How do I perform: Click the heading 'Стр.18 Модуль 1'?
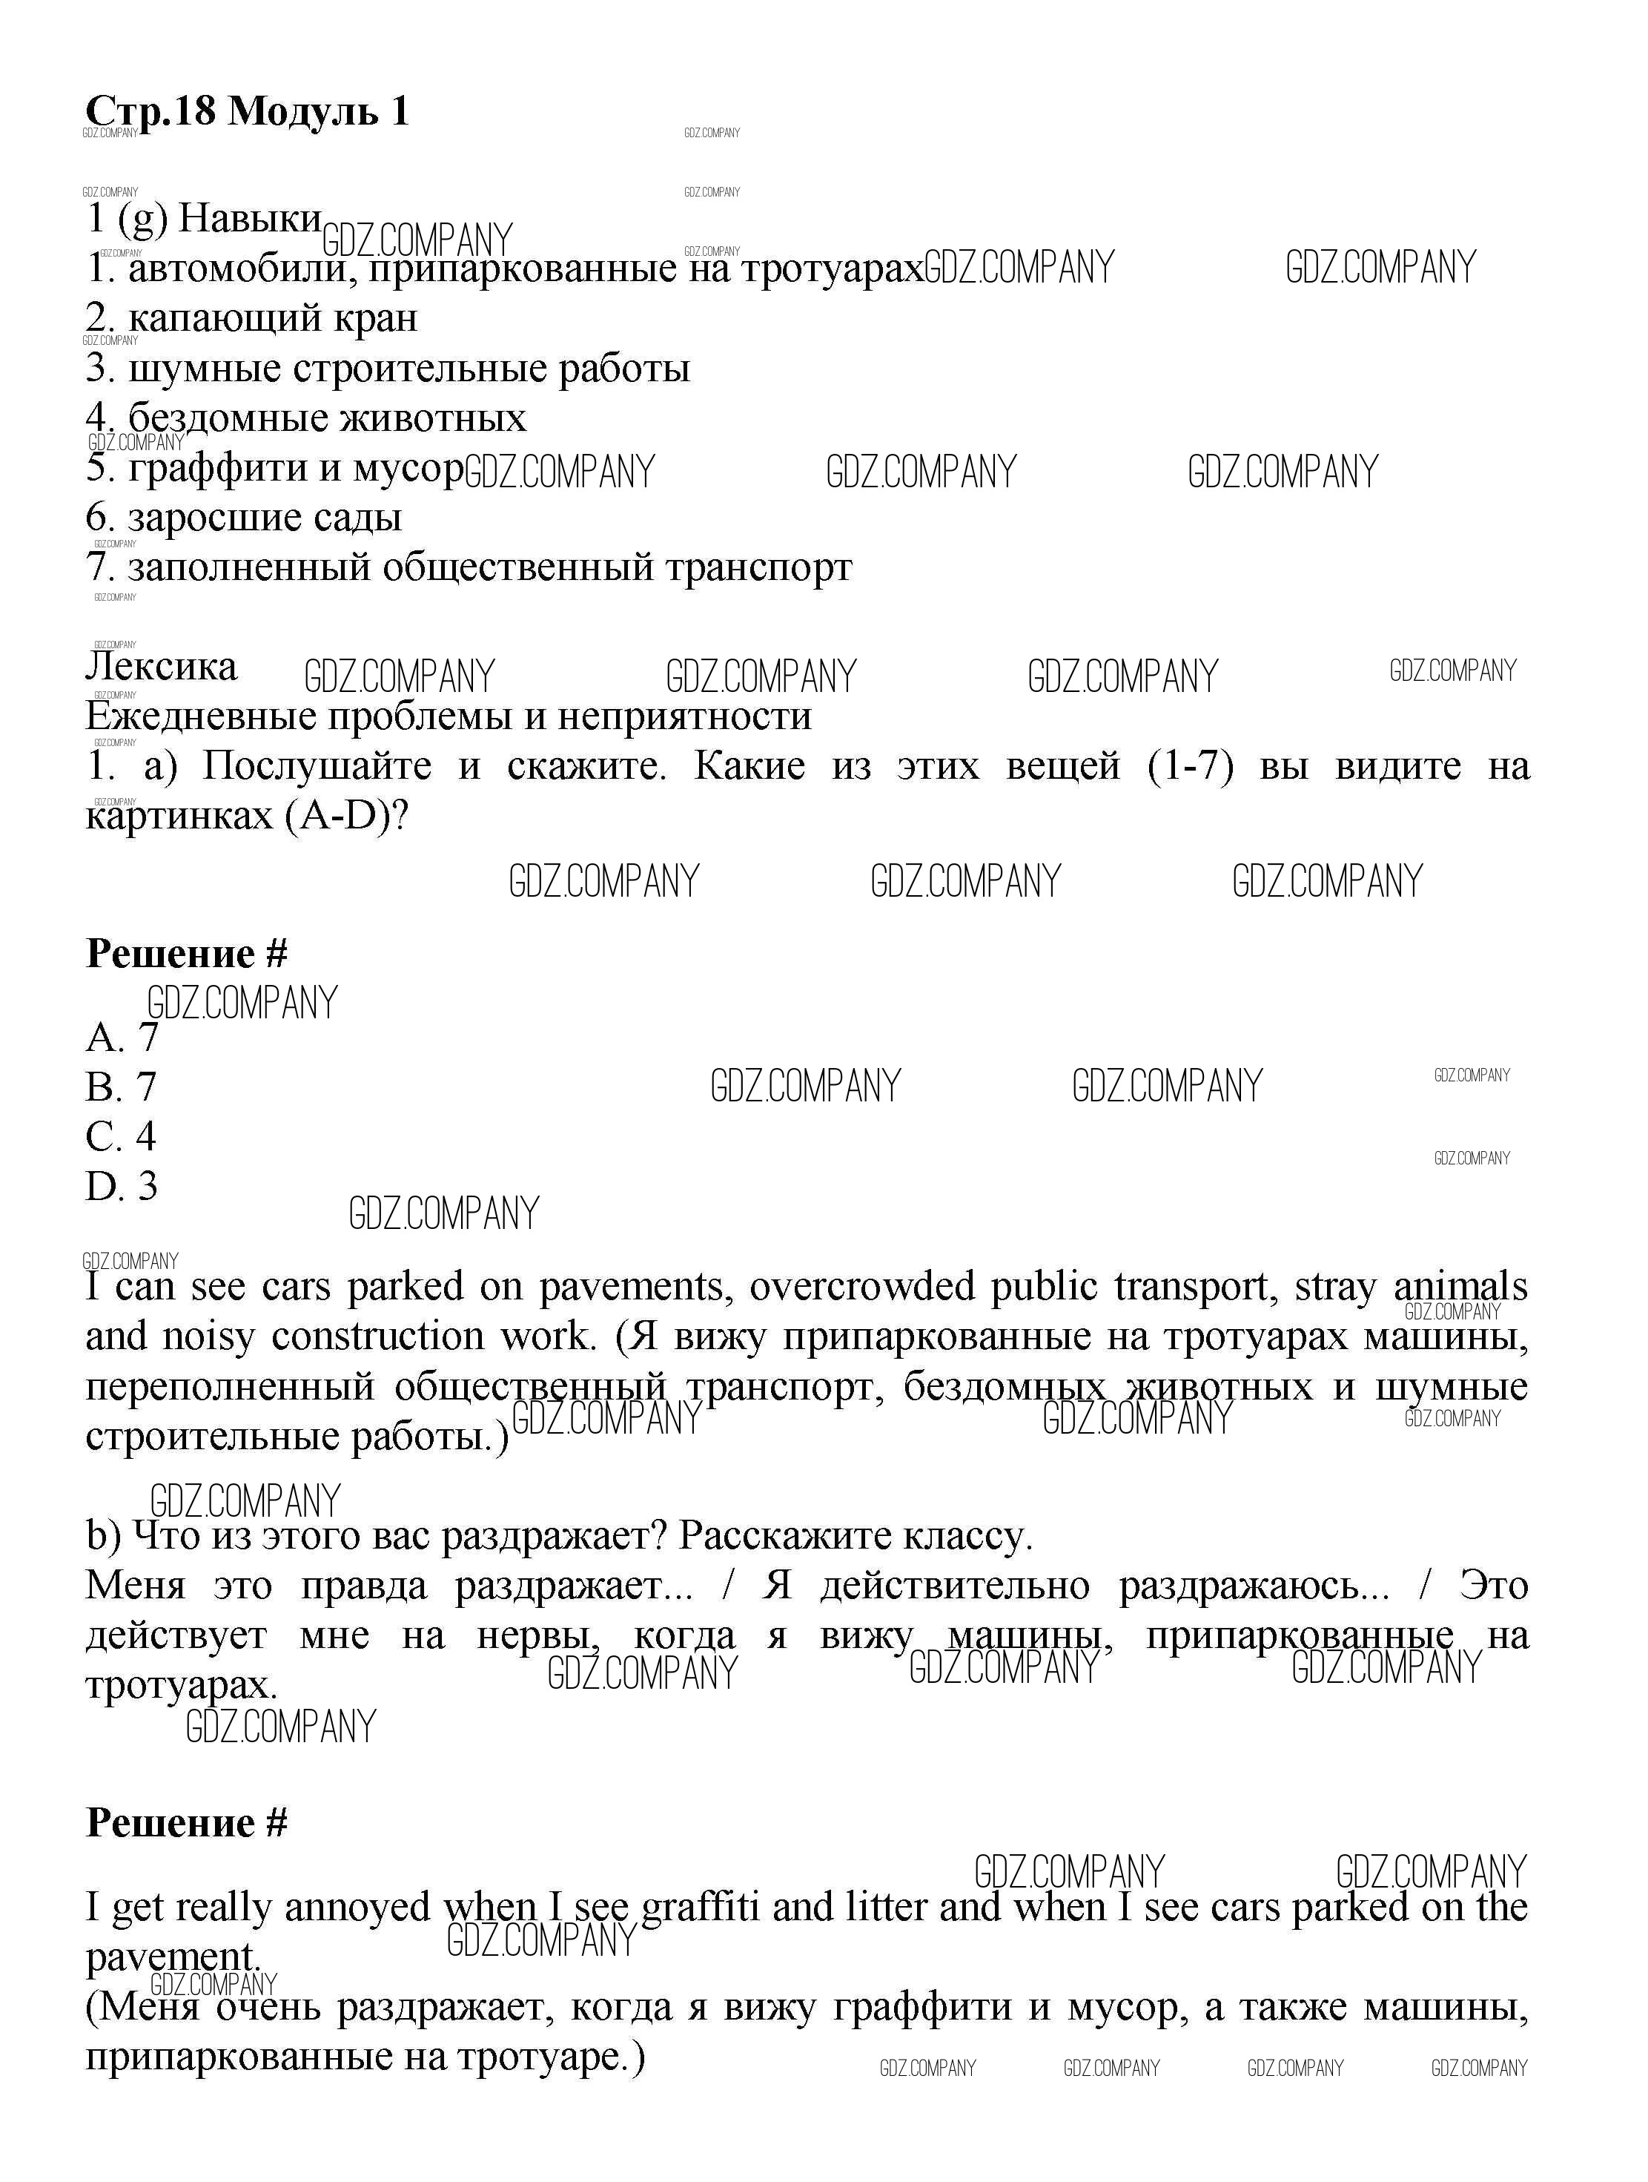[x=247, y=111]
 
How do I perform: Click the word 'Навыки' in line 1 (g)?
[x=250, y=219]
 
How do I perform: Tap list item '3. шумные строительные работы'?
[x=388, y=368]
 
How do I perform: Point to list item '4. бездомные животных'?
[x=305, y=418]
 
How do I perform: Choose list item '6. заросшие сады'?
[x=244, y=518]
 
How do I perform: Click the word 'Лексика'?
[x=162, y=667]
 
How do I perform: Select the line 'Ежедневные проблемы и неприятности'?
[x=449, y=716]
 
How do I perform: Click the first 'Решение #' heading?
[x=186, y=954]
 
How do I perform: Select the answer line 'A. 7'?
[x=122, y=1038]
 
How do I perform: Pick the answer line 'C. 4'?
[x=122, y=1136]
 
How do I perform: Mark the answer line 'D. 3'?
[x=122, y=1186]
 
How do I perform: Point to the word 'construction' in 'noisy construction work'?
[x=378, y=1336]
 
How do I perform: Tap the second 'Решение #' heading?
[x=186, y=1823]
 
